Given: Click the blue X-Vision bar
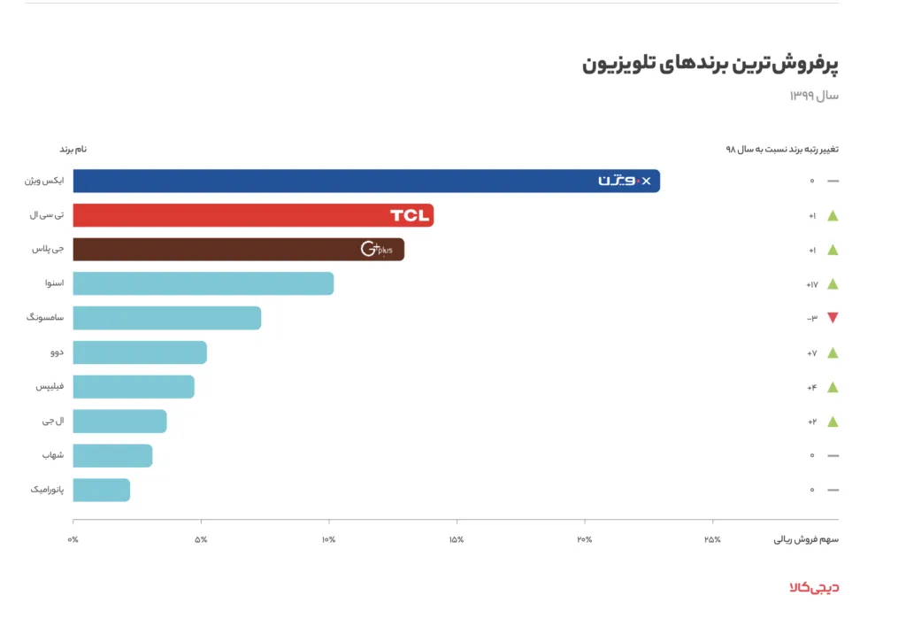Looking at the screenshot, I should coord(366,181).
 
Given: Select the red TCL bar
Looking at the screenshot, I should coord(253,215).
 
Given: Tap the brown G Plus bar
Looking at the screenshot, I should coord(238,250).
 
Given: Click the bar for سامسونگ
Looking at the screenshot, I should coord(166,318).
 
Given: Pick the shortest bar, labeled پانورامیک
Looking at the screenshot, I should coord(101,490).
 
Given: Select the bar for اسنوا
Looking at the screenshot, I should coord(203,283).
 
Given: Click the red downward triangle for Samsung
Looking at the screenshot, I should coord(832,318).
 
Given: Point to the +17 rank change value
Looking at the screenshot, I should coord(811,284).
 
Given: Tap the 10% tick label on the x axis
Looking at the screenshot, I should coord(328,539).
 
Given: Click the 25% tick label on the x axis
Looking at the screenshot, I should coord(711,539).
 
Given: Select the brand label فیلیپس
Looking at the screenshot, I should coord(50,387).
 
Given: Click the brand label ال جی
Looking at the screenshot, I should coord(55,422).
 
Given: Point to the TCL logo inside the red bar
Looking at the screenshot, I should coord(409,215).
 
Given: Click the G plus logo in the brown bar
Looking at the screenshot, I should coord(376,250).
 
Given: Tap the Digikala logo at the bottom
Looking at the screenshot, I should coord(813,586).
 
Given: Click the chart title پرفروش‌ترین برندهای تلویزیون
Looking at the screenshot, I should coord(710,65).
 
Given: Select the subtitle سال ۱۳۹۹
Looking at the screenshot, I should coord(814,95).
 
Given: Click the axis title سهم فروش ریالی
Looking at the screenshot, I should coord(806,539).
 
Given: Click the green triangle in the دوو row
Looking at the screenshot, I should coord(832,352).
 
